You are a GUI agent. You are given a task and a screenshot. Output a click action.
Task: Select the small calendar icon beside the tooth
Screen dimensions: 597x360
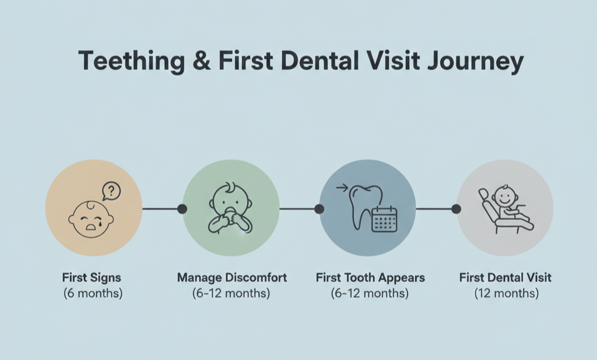click(384, 219)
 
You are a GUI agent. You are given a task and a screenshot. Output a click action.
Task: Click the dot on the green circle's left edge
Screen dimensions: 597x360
click(182, 209)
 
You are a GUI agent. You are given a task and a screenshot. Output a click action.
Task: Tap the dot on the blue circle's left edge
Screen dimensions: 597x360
click(319, 209)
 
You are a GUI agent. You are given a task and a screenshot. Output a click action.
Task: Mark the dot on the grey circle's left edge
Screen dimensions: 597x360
click(456, 209)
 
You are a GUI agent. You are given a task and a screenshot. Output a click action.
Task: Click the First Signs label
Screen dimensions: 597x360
click(93, 277)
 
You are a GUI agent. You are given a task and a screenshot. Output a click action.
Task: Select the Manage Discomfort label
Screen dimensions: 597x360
click(231, 277)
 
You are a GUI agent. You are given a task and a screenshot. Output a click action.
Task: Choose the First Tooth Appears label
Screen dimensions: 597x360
click(370, 277)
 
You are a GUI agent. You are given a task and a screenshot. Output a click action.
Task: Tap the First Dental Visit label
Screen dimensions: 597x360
click(505, 277)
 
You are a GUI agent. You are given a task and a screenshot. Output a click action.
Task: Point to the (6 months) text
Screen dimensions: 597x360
click(93, 293)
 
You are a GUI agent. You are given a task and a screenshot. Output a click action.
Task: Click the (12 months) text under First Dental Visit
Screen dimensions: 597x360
click(505, 293)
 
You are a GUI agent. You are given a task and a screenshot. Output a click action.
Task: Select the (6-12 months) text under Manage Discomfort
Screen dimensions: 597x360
click(231, 293)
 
